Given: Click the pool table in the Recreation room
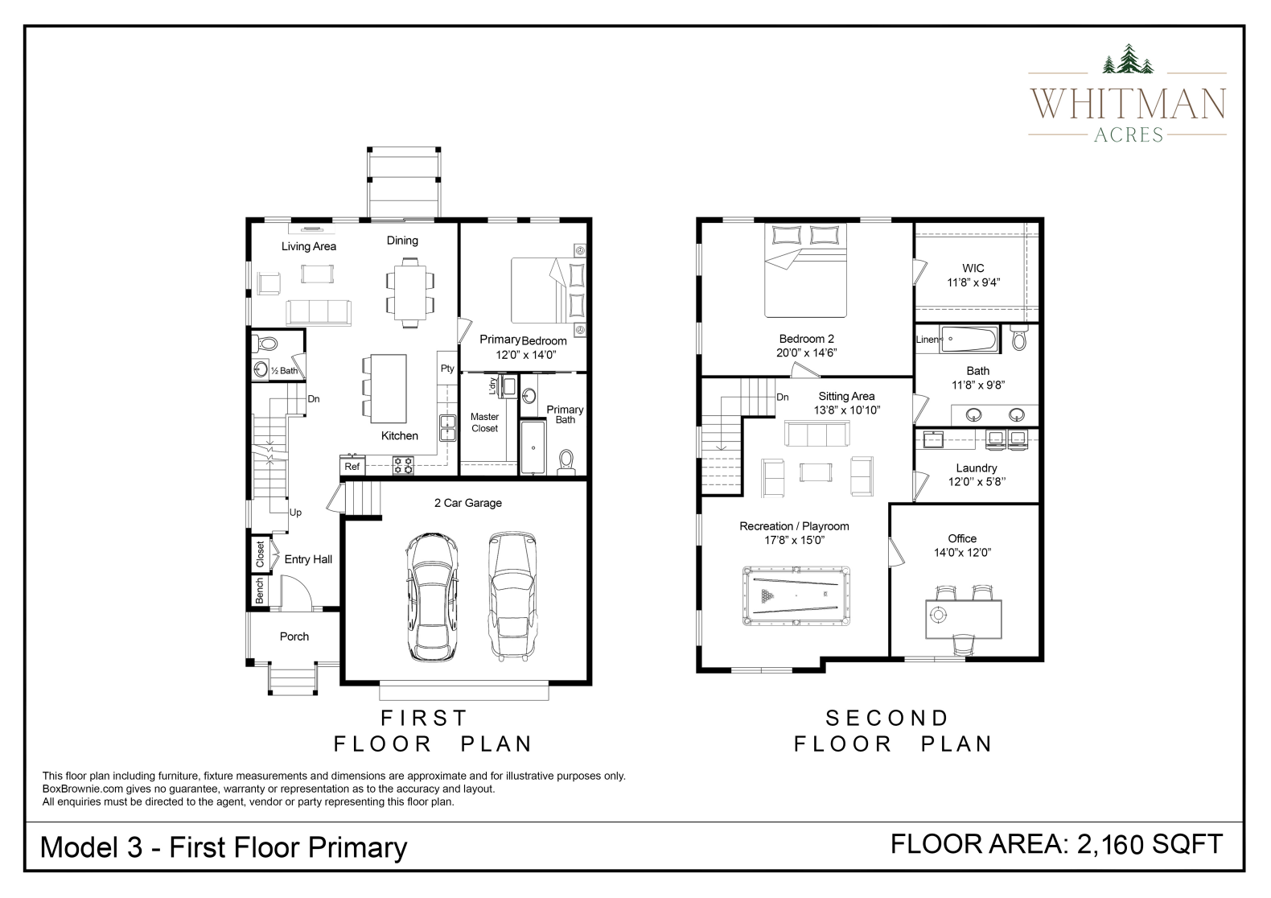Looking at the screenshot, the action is [x=796, y=596].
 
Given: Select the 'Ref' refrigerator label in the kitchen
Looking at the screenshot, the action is [x=352, y=467].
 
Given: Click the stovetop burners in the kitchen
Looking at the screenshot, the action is [x=404, y=465].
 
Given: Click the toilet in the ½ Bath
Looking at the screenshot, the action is [x=265, y=344].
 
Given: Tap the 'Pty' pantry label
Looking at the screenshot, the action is [x=447, y=369].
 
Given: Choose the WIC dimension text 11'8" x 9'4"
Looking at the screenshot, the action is [x=973, y=282].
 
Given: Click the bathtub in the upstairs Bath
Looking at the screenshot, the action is [x=969, y=340].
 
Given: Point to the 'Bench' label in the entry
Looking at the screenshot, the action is [x=260, y=591].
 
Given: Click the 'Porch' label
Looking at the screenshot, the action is [x=294, y=636].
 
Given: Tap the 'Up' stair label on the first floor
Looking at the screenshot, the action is [x=295, y=513].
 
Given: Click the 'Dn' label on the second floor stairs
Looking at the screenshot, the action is [x=783, y=398].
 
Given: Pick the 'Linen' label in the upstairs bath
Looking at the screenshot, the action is [x=928, y=340].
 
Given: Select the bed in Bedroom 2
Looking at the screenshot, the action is [x=805, y=270].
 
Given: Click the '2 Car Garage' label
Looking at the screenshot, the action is [x=468, y=503].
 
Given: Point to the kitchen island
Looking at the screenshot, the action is [x=388, y=389].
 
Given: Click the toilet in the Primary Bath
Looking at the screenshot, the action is [x=566, y=462].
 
